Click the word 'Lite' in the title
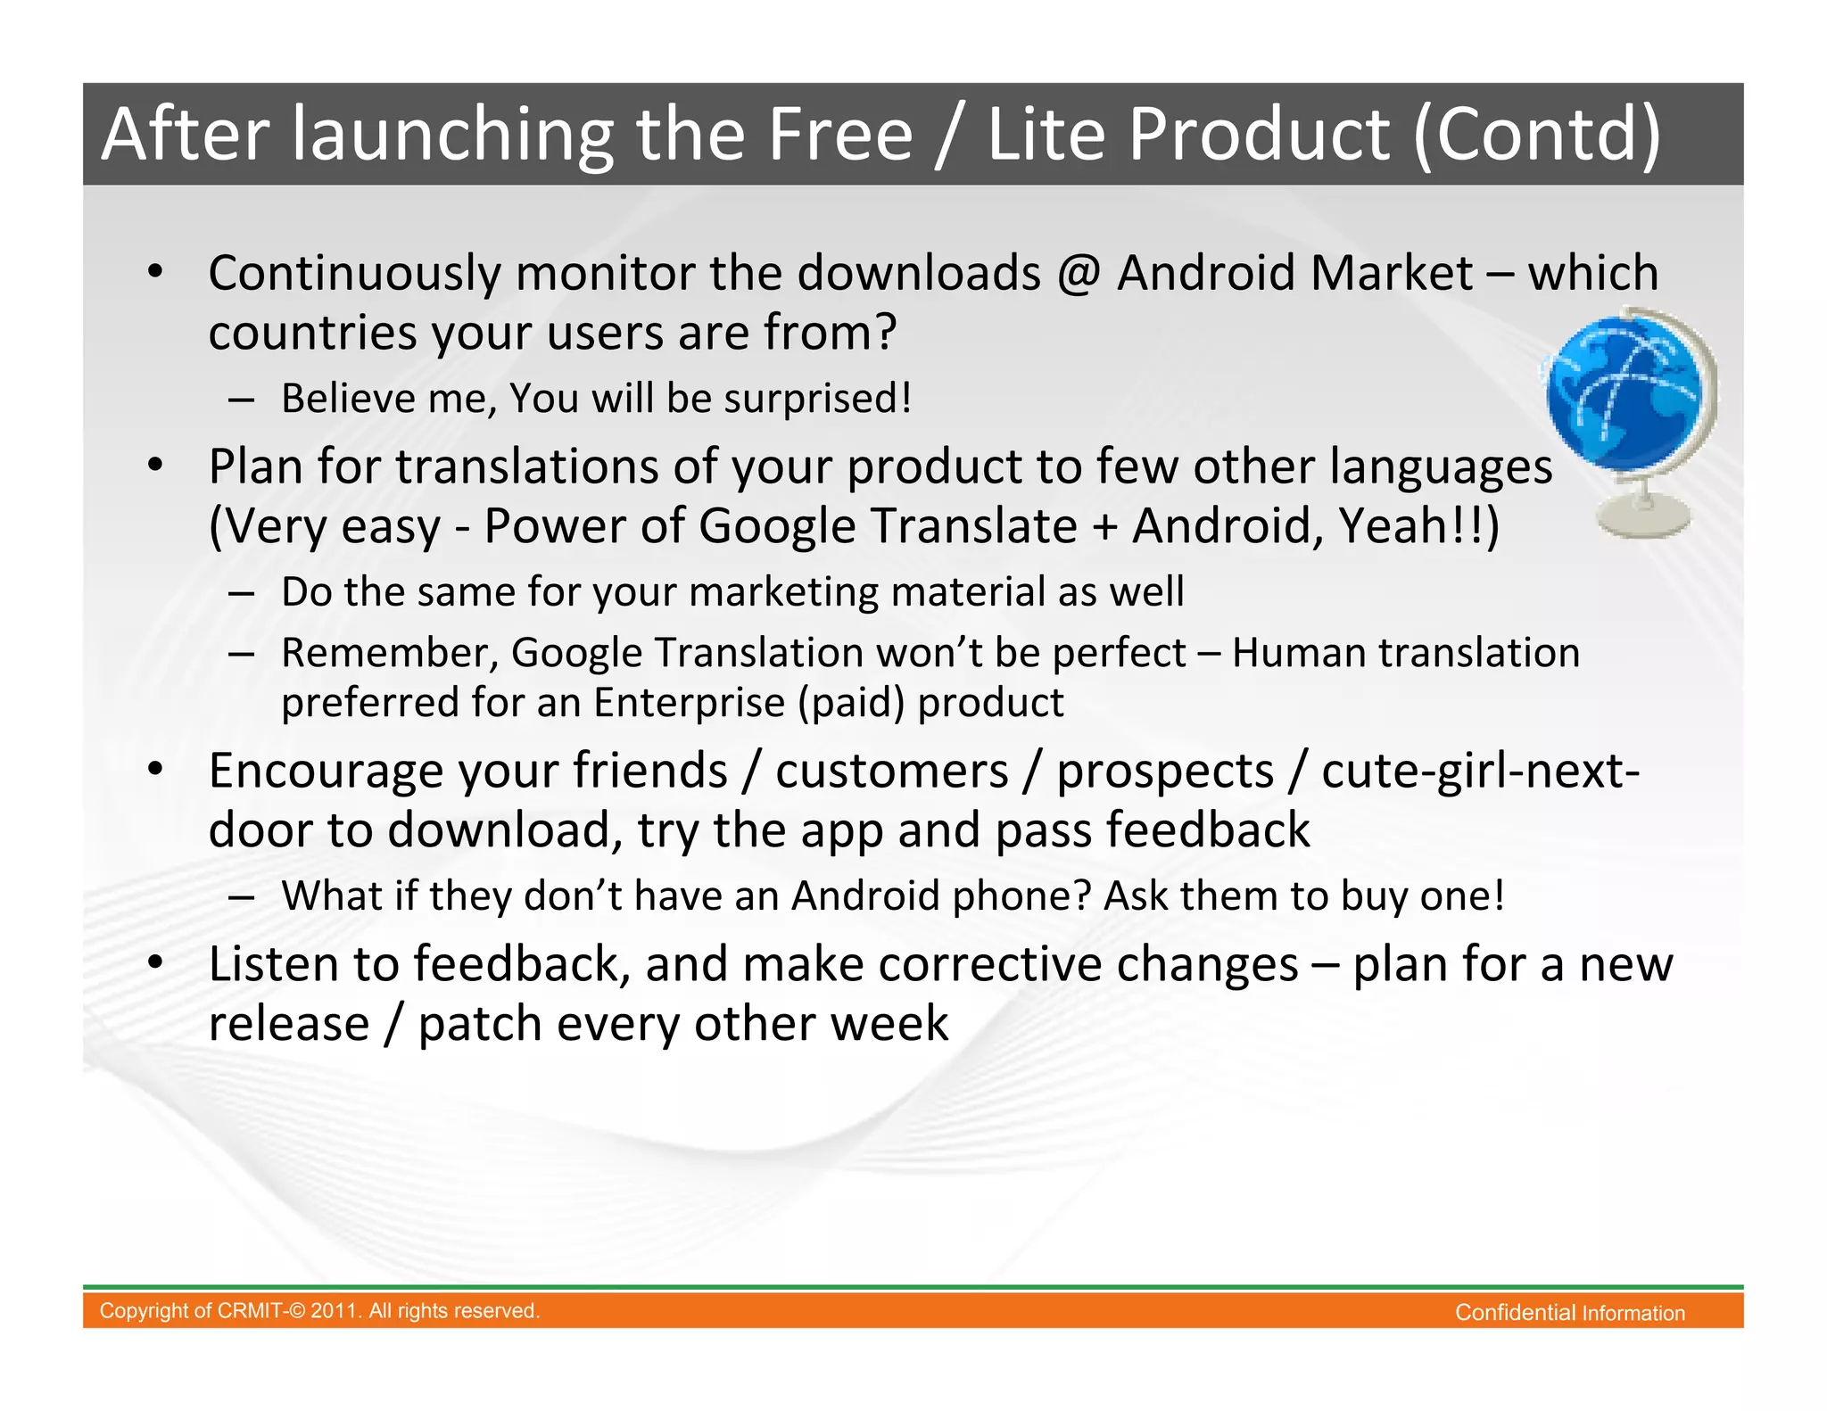click(x=1047, y=134)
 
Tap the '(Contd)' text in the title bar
click(x=1536, y=134)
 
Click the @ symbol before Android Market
click(x=1079, y=273)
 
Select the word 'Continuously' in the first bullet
click(x=354, y=273)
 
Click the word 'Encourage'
click(x=326, y=772)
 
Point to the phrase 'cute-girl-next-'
click(x=1480, y=771)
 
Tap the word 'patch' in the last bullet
click(x=480, y=1024)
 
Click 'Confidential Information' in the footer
click(x=1569, y=1313)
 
